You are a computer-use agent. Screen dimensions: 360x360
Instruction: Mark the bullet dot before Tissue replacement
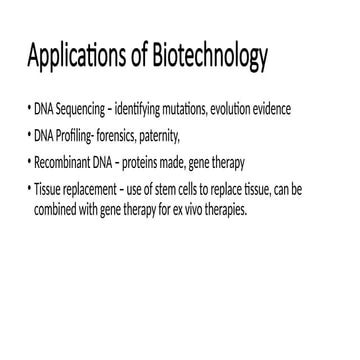pyautogui.click(x=28, y=187)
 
